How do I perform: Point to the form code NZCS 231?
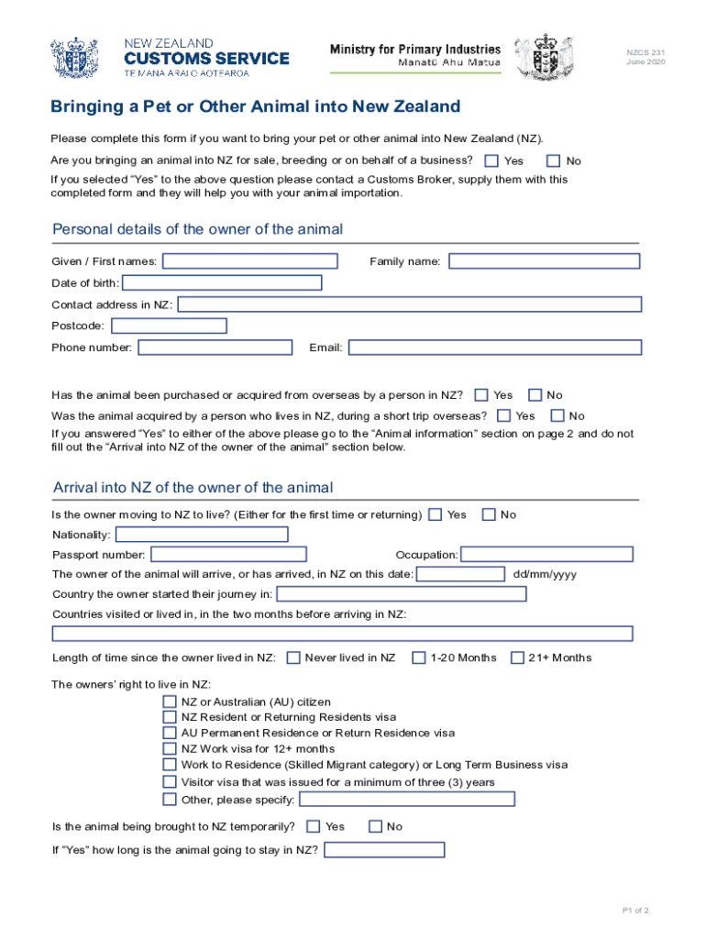pos(645,52)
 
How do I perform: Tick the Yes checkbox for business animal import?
pos(491,161)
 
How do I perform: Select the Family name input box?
pos(544,261)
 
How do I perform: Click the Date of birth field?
pos(222,282)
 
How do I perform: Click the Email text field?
pos(494,348)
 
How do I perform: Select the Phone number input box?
pos(215,348)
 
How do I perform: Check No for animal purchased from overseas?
pos(535,395)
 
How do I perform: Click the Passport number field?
pos(228,555)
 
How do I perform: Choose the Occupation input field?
pos(546,555)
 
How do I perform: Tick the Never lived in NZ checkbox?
pos(293,657)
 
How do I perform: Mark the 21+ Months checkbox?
pos(517,657)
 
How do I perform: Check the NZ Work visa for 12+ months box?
pos(170,749)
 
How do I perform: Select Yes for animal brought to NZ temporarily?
pos(314,826)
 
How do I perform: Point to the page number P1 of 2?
pos(634,911)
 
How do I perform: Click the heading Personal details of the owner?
pos(198,229)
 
